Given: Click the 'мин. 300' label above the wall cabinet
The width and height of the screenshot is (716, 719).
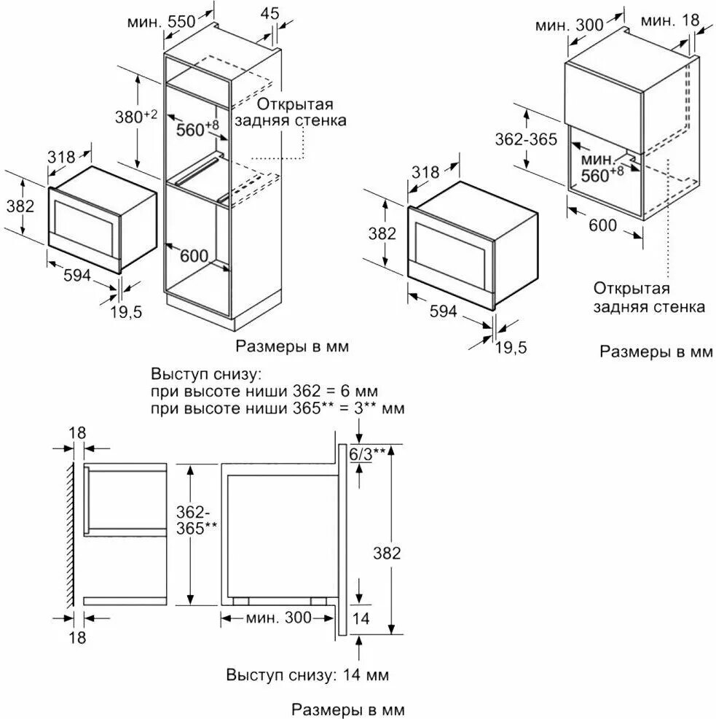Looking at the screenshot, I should point(569,25).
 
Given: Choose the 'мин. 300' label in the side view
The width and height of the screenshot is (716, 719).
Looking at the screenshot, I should point(278,618).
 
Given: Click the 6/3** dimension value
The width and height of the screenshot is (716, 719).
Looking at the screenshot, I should point(367,454).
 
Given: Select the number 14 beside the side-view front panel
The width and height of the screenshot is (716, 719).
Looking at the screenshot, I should point(361,618).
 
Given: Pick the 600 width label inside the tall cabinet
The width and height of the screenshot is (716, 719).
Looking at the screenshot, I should point(194,256).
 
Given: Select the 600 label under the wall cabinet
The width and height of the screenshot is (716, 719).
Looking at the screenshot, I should point(602,225).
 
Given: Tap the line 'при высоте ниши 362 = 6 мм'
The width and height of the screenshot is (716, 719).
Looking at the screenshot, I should point(264,392).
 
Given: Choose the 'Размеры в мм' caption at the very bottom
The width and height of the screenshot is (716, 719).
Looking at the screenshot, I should point(347,709).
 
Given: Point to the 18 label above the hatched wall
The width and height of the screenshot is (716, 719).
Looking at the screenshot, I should point(77,432).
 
